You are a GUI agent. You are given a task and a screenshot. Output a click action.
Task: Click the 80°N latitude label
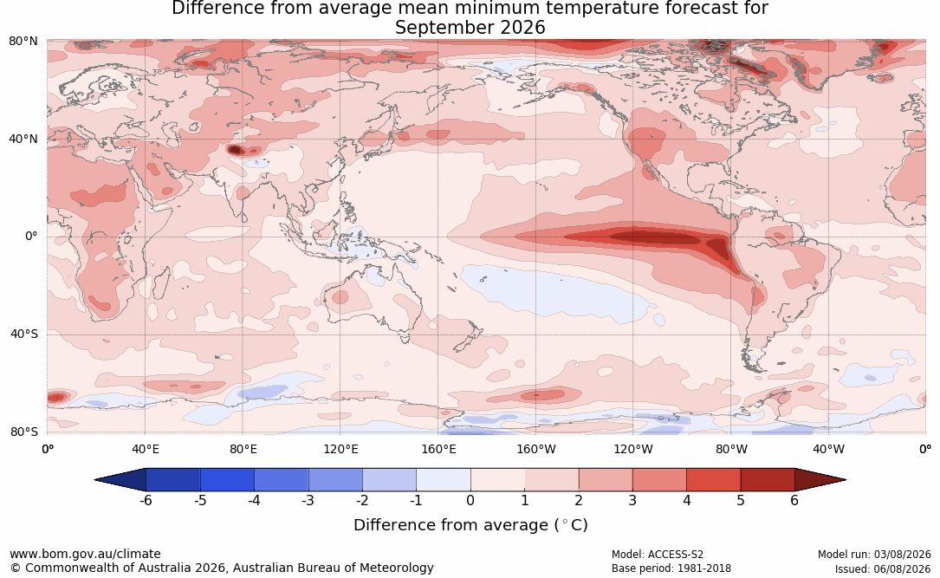pos(23,41)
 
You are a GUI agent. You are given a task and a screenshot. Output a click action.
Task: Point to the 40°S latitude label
pos(24,334)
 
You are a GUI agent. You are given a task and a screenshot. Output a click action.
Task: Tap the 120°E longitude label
pos(340,449)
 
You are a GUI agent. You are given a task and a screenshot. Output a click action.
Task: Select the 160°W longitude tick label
pos(536,449)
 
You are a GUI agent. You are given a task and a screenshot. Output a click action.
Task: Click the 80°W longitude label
pos(731,449)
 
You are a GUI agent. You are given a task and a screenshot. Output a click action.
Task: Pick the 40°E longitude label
pos(145,449)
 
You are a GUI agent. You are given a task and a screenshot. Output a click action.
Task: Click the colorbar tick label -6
pos(146,500)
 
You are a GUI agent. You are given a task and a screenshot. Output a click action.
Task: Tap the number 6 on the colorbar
pos(794,500)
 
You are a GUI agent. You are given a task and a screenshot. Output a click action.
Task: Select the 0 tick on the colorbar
pos(470,500)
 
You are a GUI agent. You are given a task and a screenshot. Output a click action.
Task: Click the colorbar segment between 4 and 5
pos(713,480)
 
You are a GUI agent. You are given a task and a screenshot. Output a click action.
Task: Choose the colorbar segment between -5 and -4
pos(227,480)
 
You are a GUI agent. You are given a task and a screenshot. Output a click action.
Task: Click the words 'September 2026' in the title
pos(470,28)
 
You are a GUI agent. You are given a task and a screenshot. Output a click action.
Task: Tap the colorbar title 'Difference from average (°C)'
pos(470,525)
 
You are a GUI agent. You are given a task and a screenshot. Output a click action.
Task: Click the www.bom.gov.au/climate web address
pos(85,554)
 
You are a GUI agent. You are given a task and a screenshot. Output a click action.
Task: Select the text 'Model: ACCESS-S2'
pos(657,555)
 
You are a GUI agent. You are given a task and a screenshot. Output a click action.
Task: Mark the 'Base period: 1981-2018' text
pos(671,568)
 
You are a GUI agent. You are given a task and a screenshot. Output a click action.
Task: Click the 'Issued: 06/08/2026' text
pos(883,568)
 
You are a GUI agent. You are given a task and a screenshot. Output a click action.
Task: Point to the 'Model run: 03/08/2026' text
pos(874,555)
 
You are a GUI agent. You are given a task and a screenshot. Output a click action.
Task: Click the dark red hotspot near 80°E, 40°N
pos(235,150)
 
